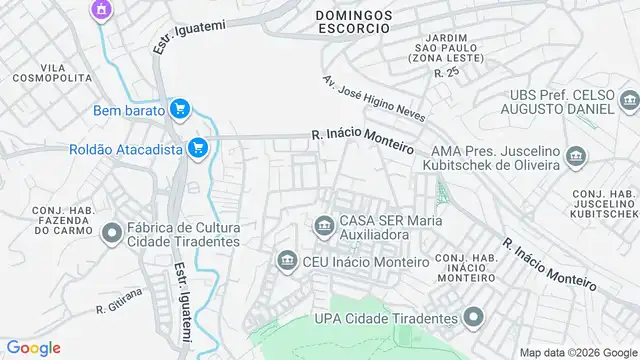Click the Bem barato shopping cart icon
pos(180,110)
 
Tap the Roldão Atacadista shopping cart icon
pos(198,149)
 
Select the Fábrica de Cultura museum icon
pos(111,232)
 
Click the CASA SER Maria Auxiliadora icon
pos(323,223)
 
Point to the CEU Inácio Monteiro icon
pos(287,261)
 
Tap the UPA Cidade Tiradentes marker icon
pos(473,318)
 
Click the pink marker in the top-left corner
pos(99,10)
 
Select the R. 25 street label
pos(446,72)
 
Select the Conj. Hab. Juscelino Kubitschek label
pos(604,203)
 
